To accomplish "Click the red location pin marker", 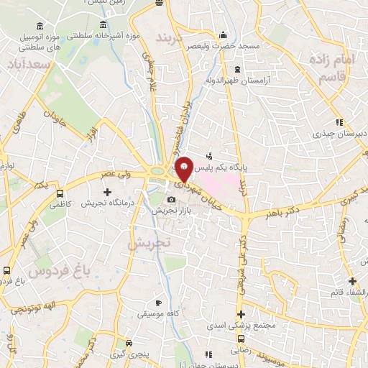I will [x=184, y=170].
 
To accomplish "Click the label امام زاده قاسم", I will [x=334, y=68].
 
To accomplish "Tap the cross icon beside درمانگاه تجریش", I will [x=107, y=192].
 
